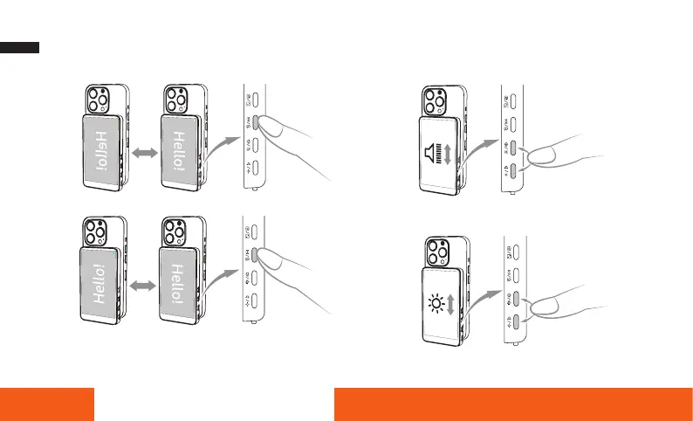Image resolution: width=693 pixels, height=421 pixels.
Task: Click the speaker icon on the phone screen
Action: coord(431,155)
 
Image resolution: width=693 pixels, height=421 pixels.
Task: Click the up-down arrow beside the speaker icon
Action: coord(448,155)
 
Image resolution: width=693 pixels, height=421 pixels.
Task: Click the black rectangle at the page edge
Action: coord(19,47)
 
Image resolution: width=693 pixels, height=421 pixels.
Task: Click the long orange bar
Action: coord(513,403)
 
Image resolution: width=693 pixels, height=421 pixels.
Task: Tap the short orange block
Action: coord(47,403)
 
